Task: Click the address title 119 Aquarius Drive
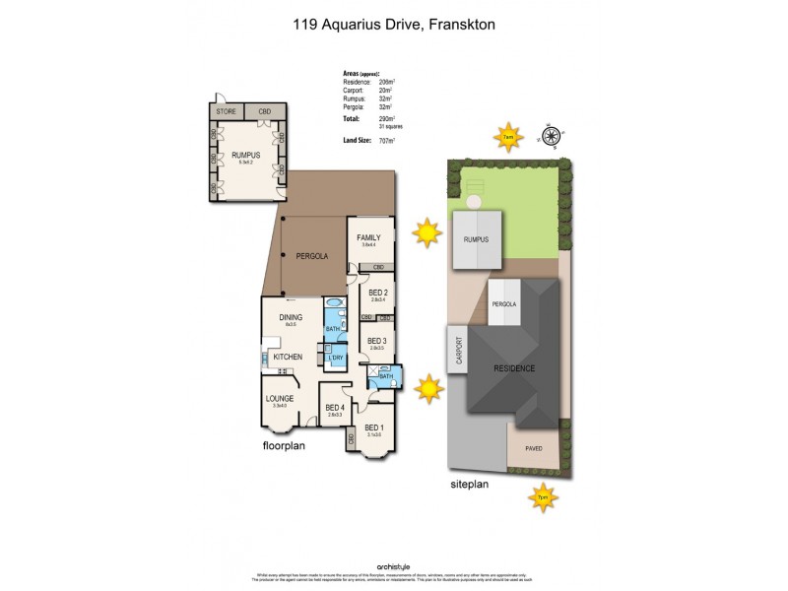click(x=393, y=23)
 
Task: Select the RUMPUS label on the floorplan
click(x=244, y=155)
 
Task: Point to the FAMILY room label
click(x=368, y=237)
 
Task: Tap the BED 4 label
click(x=335, y=407)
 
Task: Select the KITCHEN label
click(x=287, y=356)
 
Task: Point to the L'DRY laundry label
click(x=336, y=358)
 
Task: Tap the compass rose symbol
click(x=551, y=136)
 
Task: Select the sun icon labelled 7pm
click(x=542, y=498)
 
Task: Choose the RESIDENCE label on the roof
click(x=515, y=368)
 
